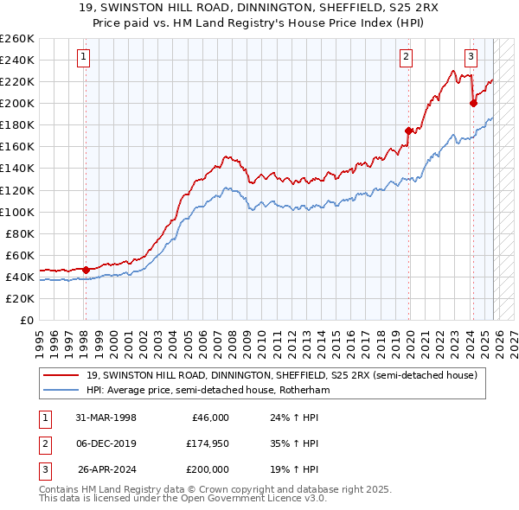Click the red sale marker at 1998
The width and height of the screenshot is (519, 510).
click(x=86, y=270)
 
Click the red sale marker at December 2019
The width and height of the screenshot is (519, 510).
click(x=408, y=131)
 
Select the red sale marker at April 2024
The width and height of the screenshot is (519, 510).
click(x=473, y=103)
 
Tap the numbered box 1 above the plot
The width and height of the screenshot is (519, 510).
click(x=84, y=58)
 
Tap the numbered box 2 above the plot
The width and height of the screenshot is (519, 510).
click(x=406, y=58)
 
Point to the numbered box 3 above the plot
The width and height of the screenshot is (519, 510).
click(x=471, y=58)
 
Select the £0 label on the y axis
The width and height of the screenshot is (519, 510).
click(x=26, y=320)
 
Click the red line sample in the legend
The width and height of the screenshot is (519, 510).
click(x=61, y=375)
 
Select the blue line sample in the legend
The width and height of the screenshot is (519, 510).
click(x=61, y=390)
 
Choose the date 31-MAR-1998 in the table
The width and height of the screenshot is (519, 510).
click(x=106, y=418)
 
